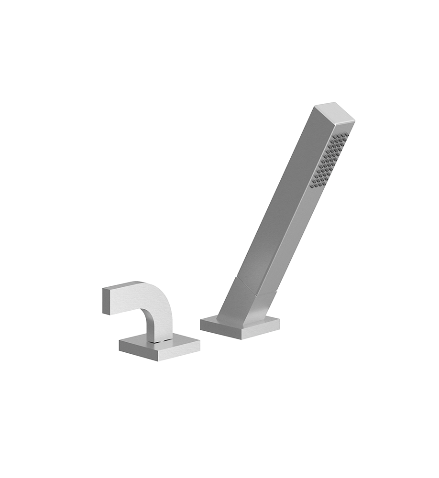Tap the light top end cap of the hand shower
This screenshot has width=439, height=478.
335,111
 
